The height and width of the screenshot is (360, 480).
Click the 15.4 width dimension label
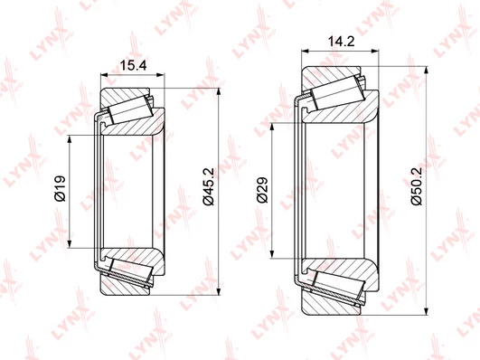pos(133,65)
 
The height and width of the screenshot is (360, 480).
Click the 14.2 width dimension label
pos(341,42)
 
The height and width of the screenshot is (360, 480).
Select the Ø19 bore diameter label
pos(61,188)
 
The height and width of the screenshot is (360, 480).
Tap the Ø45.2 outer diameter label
pos(208,186)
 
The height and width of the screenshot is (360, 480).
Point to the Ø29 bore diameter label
pos(262,190)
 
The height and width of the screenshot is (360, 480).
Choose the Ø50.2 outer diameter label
pos(417,186)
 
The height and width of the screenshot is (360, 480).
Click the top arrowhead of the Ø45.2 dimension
pos(219,93)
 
